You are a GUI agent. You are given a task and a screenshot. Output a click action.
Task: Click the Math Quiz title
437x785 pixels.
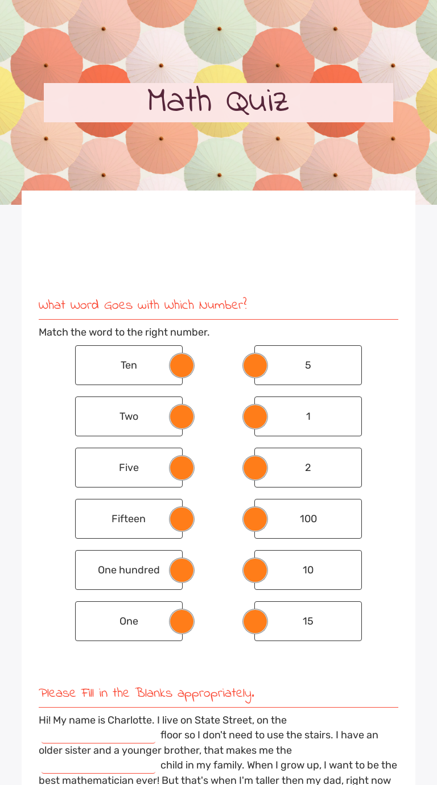[x=218, y=102]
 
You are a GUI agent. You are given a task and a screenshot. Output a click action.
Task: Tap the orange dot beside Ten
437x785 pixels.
[x=182, y=365]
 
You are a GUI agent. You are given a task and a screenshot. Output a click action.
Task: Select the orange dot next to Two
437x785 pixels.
[x=182, y=416]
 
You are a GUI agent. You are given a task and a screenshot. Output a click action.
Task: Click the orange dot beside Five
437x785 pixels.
[x=182, y=468]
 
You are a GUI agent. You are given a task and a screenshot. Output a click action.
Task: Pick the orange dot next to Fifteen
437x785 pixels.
[x=182, y=519]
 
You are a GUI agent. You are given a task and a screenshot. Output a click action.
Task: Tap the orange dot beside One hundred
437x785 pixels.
[x=182, y=570]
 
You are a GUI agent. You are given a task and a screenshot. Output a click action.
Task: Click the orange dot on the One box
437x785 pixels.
[x=182, y=621]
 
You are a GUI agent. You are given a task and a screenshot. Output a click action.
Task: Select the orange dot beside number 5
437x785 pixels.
[x=255, y=365]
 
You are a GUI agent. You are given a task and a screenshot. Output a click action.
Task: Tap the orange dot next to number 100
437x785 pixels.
[x=255, y=519]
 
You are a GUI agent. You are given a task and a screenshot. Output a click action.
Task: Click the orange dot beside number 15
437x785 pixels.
[x=255, y=621]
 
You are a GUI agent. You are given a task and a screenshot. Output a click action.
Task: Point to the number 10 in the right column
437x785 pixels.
[x=308, y=570]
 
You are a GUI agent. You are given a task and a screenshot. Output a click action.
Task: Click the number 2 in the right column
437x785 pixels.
[x=308, y=468]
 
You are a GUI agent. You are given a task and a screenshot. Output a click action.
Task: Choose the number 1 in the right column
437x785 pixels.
[x=308, y=416]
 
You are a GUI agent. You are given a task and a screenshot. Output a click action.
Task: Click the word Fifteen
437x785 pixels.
[x=129, y=519]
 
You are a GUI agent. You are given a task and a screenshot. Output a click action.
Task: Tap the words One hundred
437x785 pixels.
[x=129, y=570]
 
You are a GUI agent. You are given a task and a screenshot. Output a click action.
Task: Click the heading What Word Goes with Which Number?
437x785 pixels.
[x=143, y=305]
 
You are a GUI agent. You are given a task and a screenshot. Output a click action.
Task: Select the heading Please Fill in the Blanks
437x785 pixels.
[x=146, y=693]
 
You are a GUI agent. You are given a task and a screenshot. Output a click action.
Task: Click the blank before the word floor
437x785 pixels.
[x=98, y=736]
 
